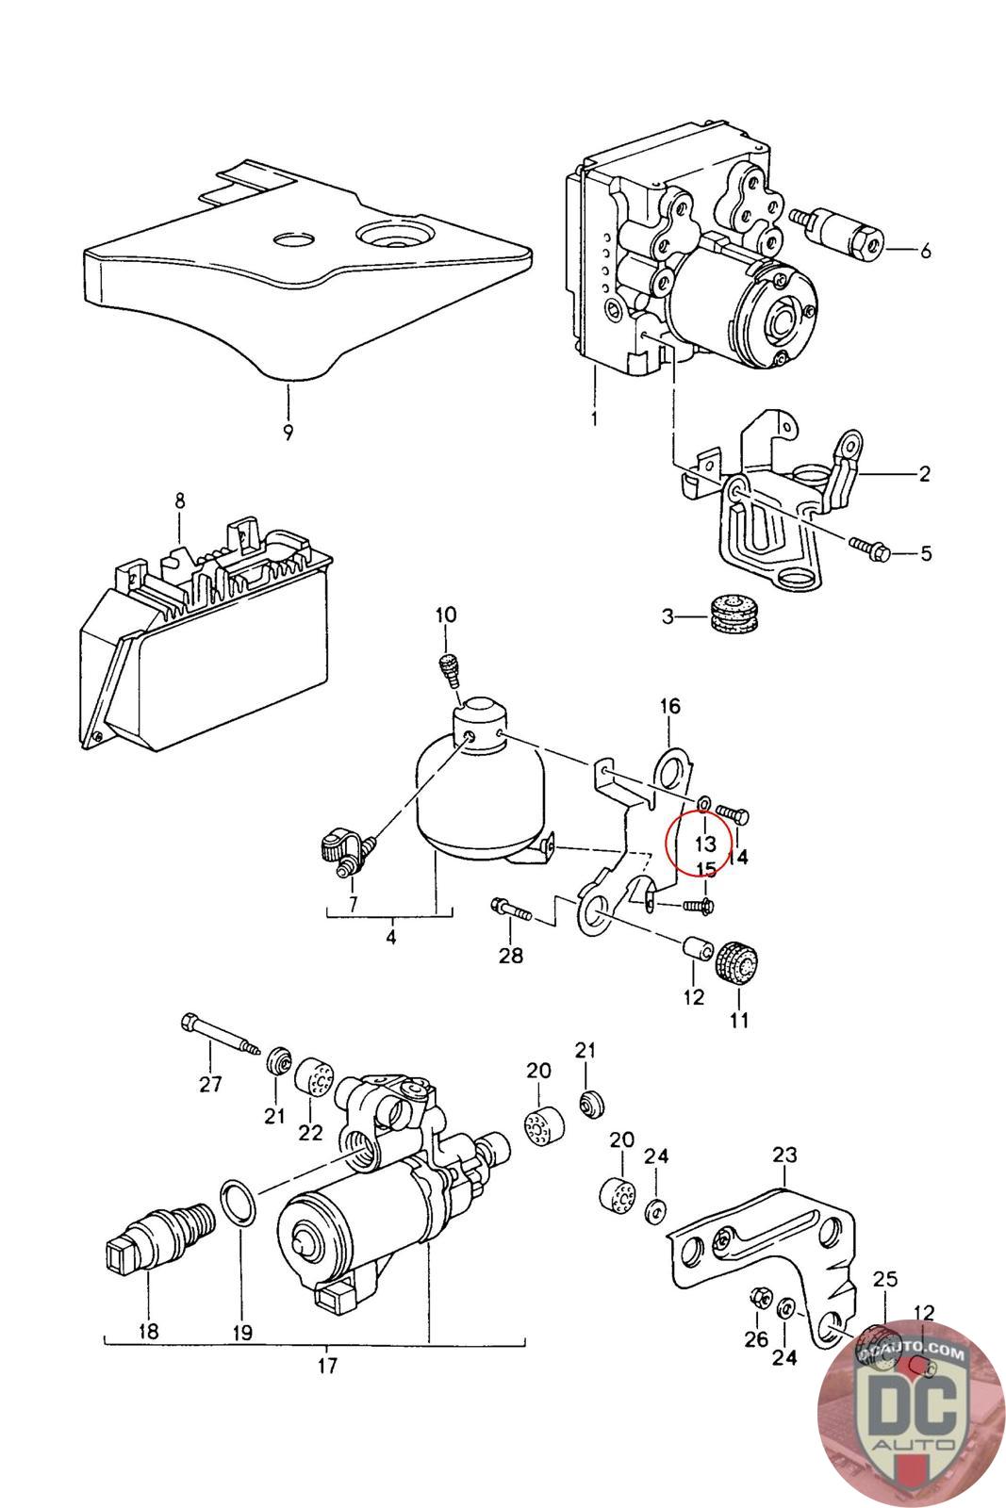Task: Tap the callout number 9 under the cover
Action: point(289,433)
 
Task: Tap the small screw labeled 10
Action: point(450,670)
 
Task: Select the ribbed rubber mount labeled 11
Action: point(737,962)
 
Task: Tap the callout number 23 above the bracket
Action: point(784,1154)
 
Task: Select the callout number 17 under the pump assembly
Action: point(327,1365)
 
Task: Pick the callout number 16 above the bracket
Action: point(669,705)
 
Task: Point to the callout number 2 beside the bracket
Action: point(924,473)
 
